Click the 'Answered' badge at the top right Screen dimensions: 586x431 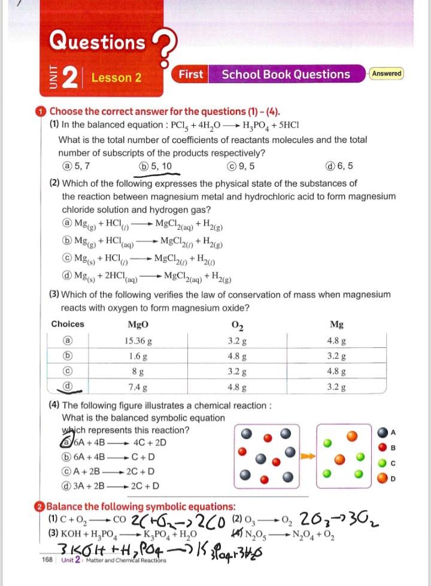point(387,74)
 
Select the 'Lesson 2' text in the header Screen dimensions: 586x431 point(116,78)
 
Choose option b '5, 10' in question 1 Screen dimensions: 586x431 point(155,166)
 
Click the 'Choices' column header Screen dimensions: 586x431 point(68,324)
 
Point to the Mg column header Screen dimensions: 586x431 point(336,324)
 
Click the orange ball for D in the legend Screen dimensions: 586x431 point(382,477)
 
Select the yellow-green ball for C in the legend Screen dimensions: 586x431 point(382,462)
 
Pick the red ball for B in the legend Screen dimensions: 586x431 point(382,447)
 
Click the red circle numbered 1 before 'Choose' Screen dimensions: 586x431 point(40,112)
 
